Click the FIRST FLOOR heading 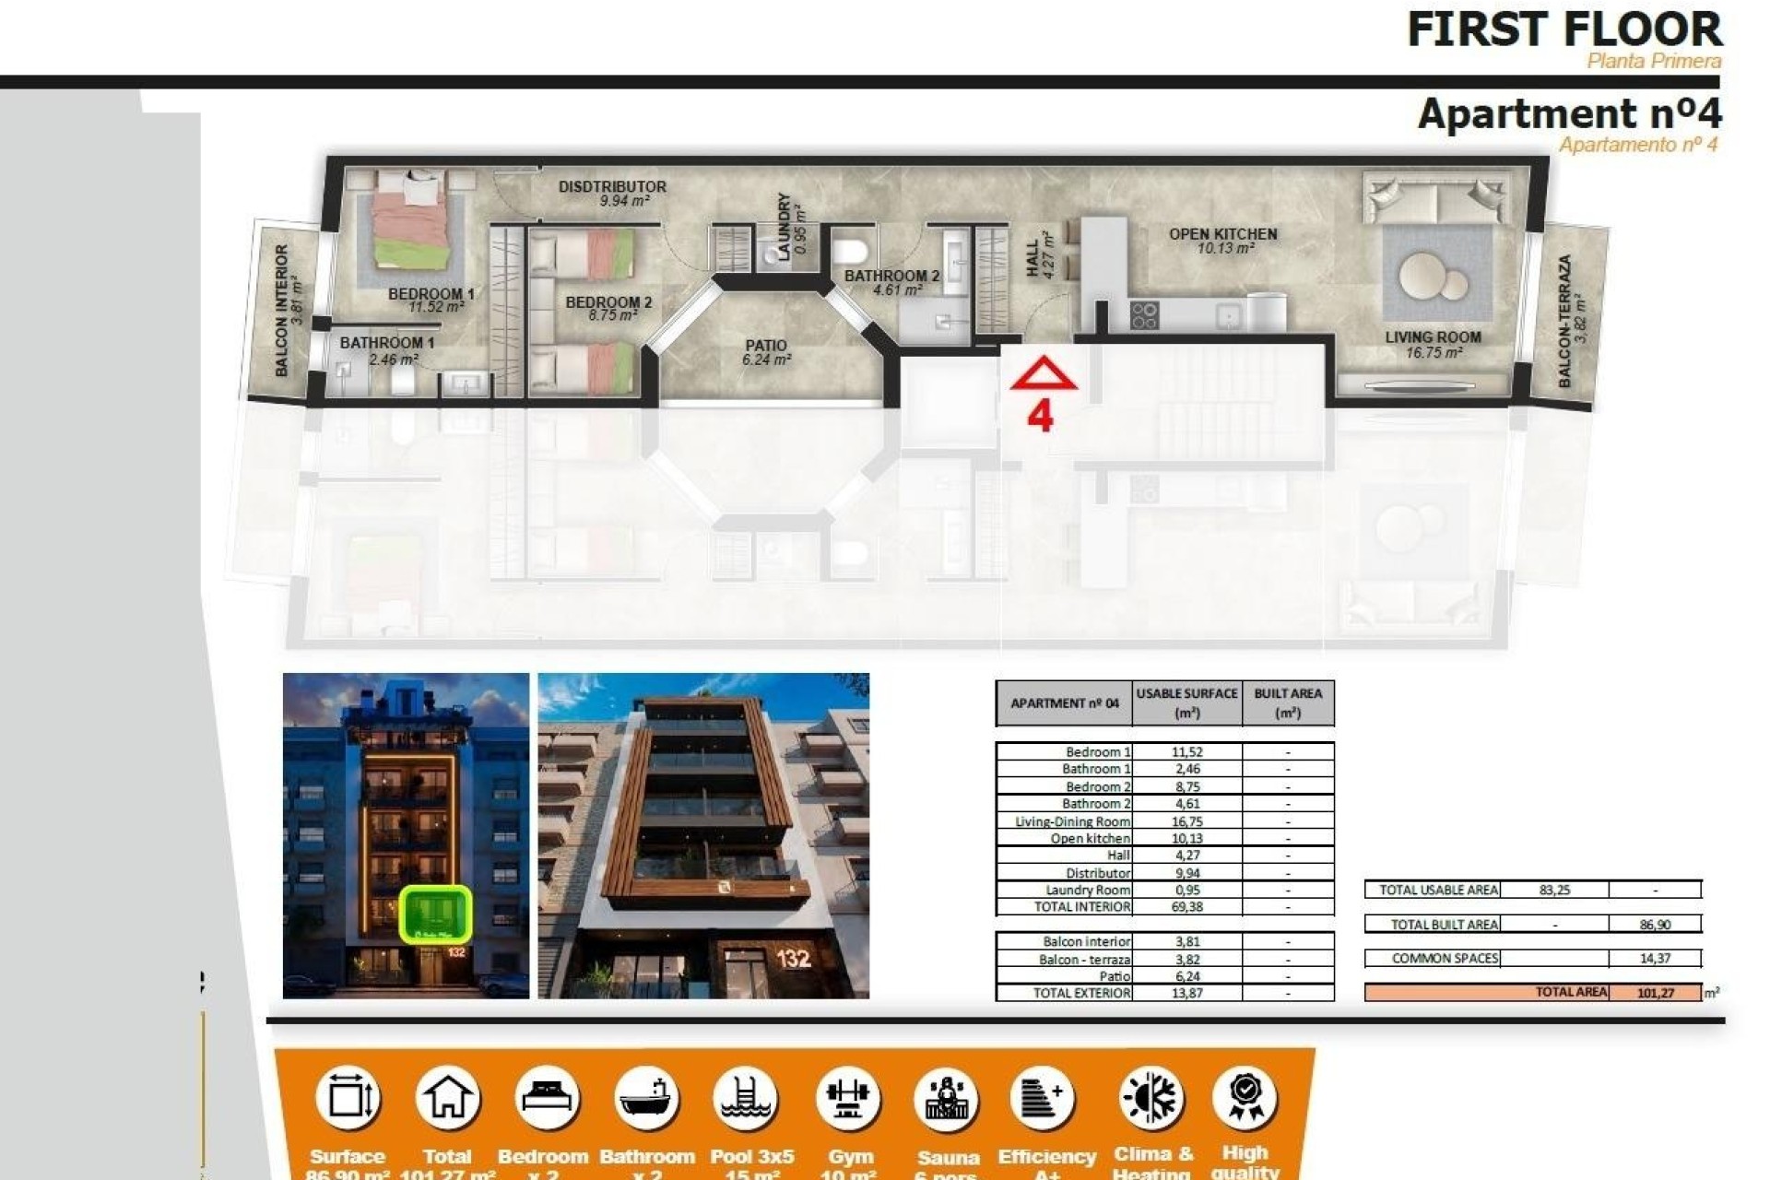pos(1563,29)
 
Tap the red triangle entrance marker pos(1043,374)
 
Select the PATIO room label pos(766,346)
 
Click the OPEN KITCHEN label pos(1222,234)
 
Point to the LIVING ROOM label pos(1433,337)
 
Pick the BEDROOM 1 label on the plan pos(431,294)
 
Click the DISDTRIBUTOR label pos(612,186)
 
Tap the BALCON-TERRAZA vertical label pos(1564,321)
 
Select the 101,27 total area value pos(1656,993)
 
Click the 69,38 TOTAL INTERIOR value pos(1186,907)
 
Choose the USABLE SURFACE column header pos(1186,702)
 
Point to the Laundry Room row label pos(1087,890)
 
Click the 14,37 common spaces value pos(1655,959)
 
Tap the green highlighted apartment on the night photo pos(435,914)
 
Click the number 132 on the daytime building pos(793,959)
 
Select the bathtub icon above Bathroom pos(645,1098)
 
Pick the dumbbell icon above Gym pos(847,1098)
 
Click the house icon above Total pos(447,1098)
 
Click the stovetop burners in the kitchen pos(1144,315)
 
